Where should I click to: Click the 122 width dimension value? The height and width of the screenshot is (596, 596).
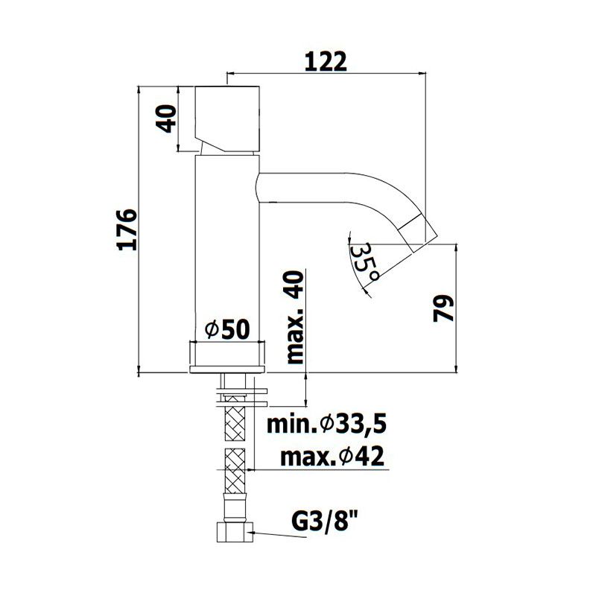326,62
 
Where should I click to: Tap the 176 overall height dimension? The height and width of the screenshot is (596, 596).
127,229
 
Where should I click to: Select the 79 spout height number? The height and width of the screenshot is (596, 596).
443,308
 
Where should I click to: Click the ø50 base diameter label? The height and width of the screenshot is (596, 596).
227,329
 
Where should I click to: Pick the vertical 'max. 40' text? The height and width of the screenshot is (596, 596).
295,317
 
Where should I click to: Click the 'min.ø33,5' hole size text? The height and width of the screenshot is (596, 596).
326,424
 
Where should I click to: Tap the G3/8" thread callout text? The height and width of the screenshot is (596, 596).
325,524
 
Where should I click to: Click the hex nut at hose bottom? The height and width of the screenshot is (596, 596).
235,532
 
